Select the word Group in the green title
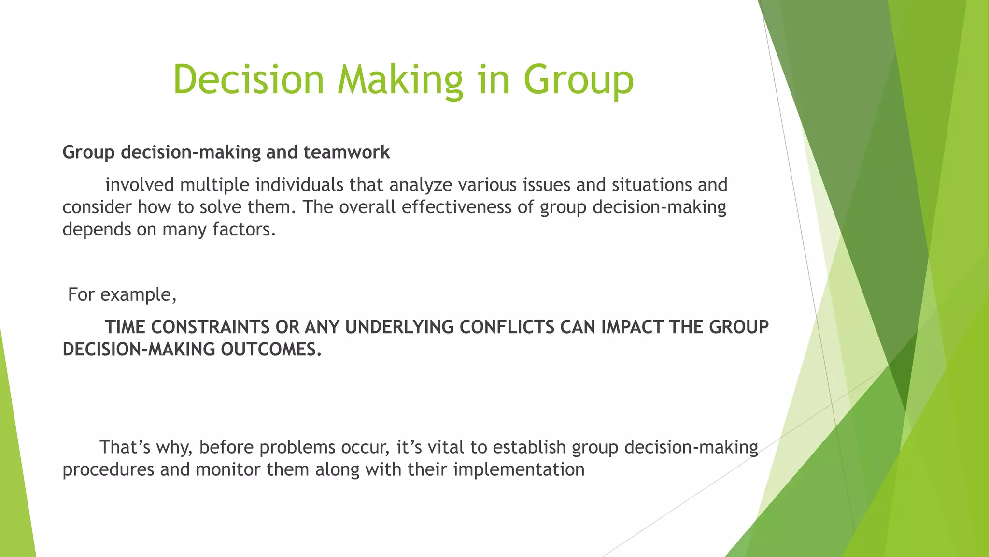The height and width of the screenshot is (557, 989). pos(578,80)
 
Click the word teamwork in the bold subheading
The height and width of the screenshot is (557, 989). pos(346,152)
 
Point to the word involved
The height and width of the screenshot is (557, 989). pos(139,185)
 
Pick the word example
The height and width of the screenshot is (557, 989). pos(138,294)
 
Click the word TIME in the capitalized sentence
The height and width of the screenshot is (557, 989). pos(125,327)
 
